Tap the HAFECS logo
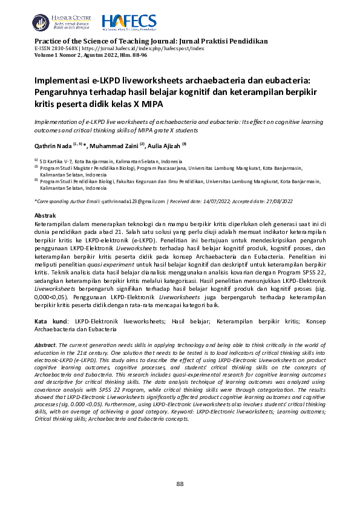point(129,22)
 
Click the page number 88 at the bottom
point(180,484)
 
